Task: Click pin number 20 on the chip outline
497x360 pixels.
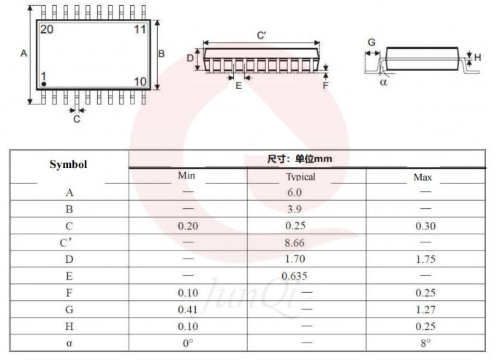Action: (47, 30)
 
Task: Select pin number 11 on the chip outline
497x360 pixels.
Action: (140, 30)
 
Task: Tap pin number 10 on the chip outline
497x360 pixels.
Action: (140, 80)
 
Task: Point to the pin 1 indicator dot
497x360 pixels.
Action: (44, 85)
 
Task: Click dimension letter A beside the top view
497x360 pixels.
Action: (23, 54)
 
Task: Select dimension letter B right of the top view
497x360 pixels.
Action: (162, 53)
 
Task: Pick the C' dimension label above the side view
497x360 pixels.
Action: (261, 35)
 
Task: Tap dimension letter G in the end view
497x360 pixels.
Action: (371, 42)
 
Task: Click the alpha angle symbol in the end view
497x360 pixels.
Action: (384, 83)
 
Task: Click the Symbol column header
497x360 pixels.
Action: (68, 164)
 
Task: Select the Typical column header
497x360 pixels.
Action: (300, 177)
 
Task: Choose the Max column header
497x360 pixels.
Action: (423, 177)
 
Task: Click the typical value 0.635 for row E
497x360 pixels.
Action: (295, 275)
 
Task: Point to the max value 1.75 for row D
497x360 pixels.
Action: (425, 258)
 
